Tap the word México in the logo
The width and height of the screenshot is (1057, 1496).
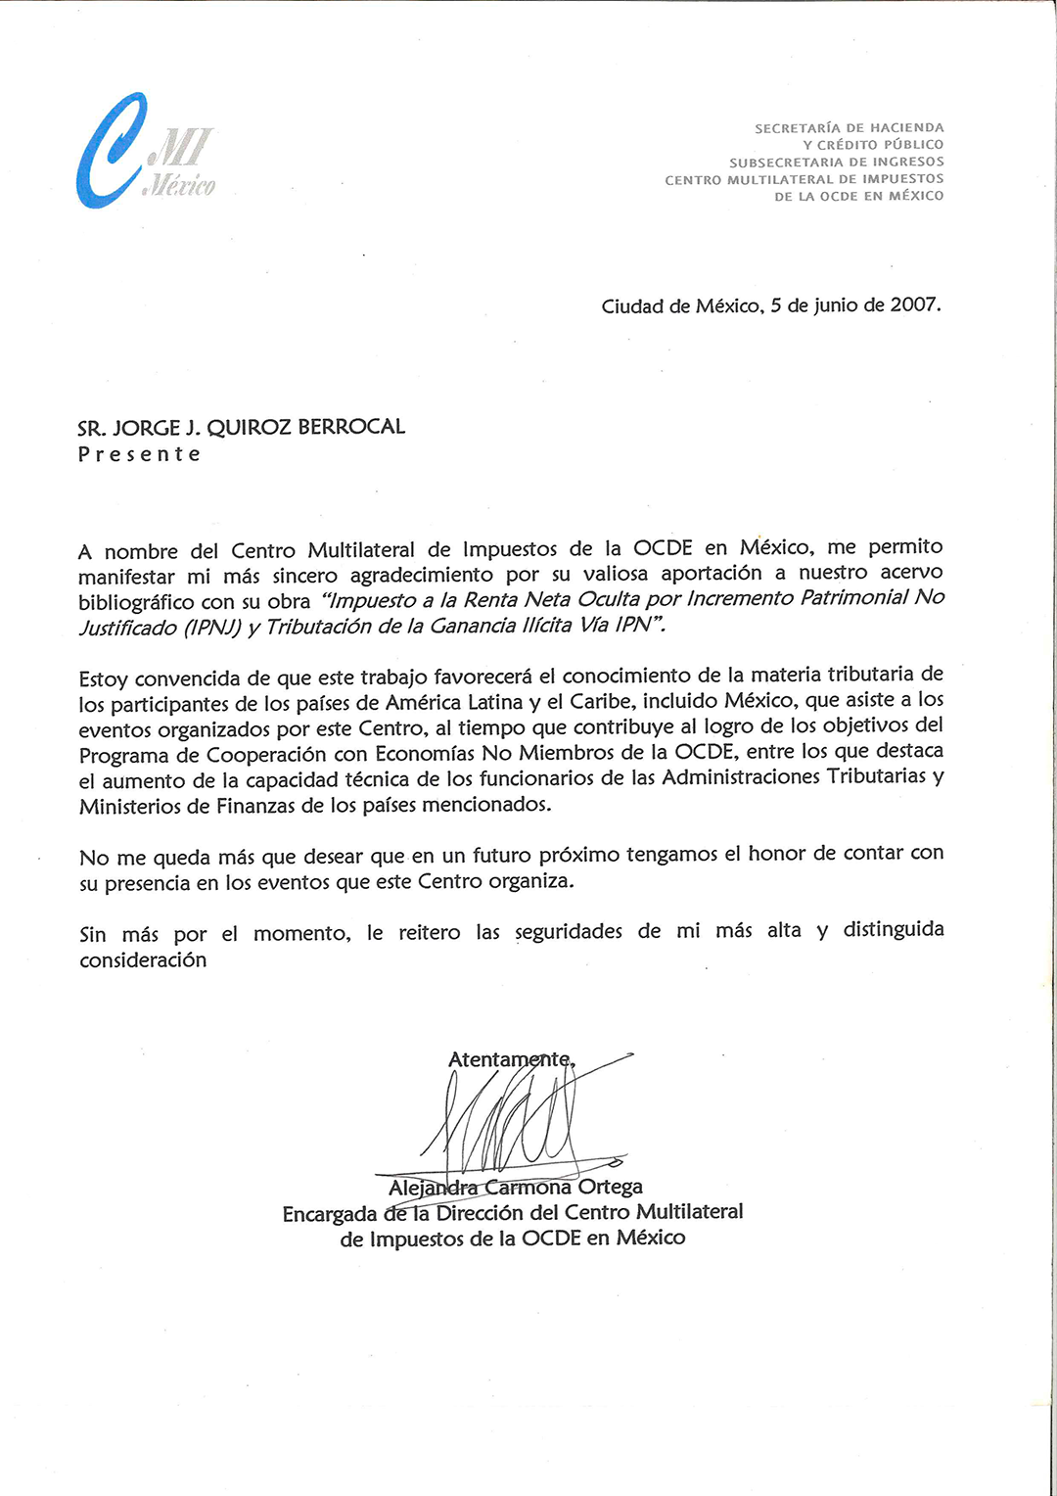(181, 185)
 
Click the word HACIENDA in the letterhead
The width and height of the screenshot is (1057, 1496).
(907, 128)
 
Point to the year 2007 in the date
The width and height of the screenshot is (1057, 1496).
(915, 304)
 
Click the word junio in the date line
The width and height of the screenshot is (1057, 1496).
(836, 305)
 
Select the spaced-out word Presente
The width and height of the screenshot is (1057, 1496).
(139, 454)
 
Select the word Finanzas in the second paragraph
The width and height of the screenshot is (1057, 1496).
(254, 806)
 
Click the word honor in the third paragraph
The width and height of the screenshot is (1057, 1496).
(777, 854)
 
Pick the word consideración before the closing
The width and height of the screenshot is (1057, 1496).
(143, 960)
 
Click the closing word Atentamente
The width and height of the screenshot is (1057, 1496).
(510, 1059)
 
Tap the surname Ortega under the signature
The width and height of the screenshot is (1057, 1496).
(611, 1187)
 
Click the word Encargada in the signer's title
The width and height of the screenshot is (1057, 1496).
(330, 1214)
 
